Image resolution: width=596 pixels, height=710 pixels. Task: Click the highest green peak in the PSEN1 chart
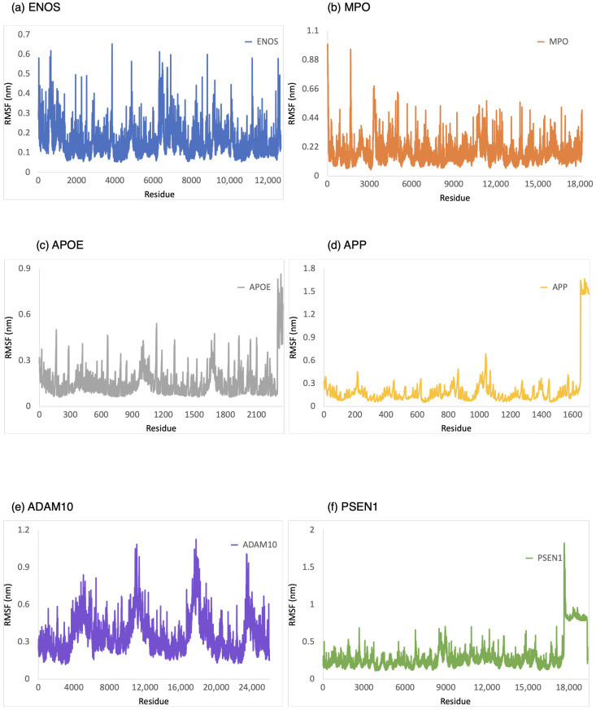point(563,543)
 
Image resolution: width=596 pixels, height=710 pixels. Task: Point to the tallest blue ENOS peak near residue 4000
point(112,44)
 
